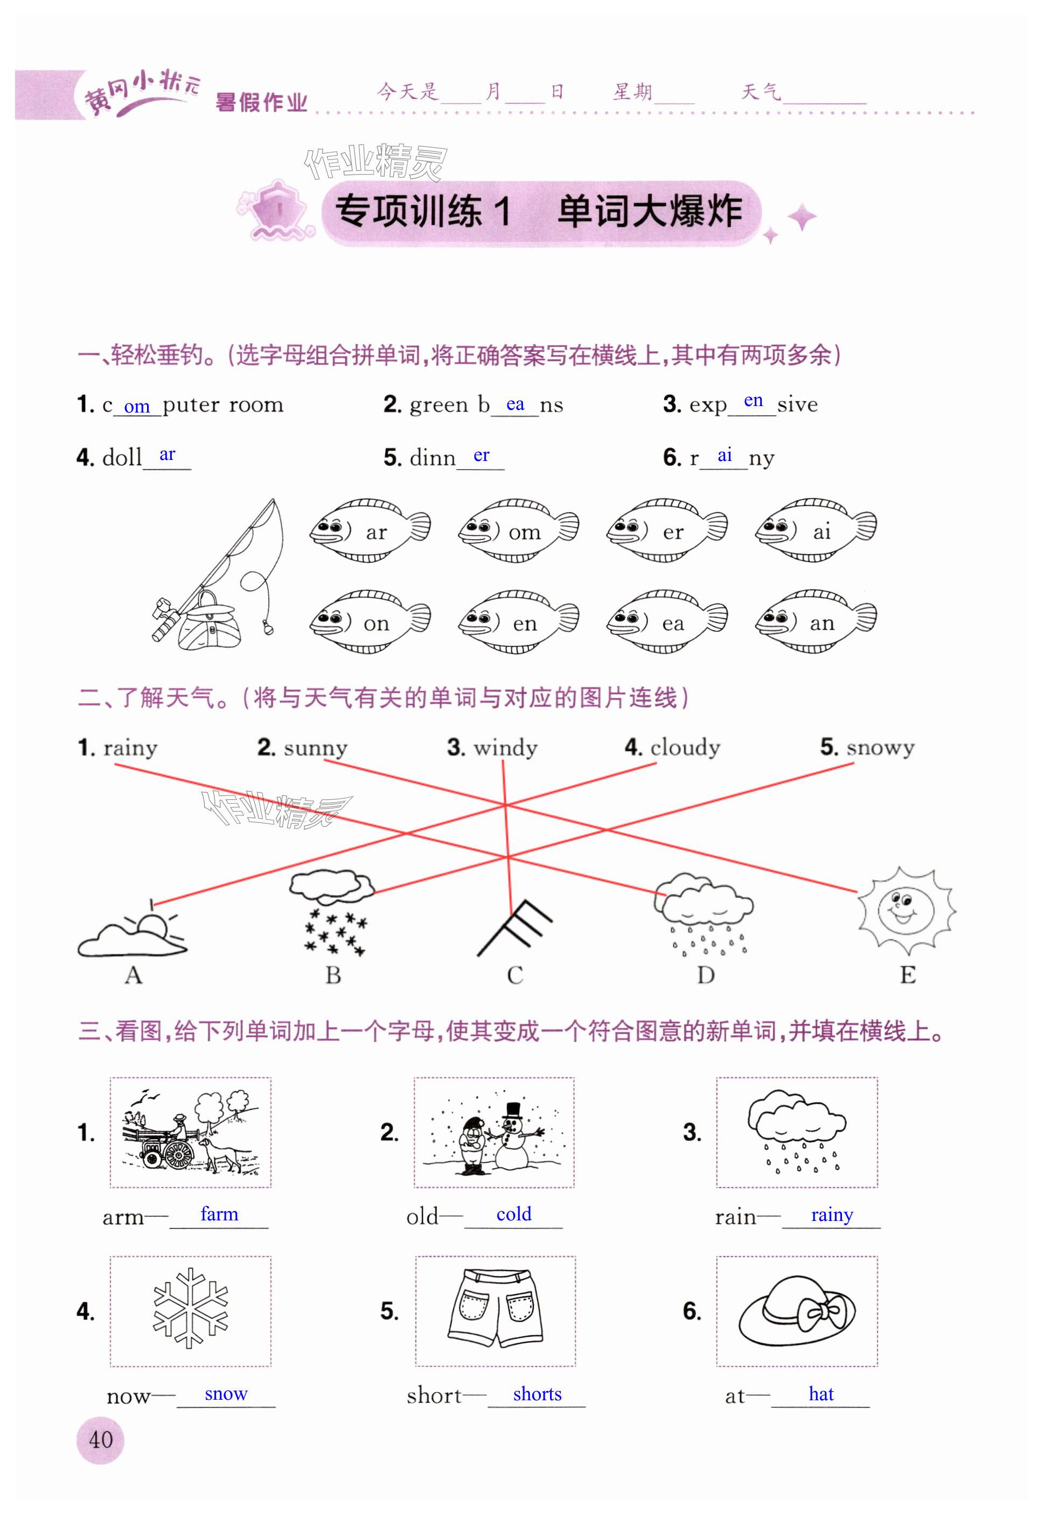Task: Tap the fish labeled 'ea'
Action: (666, 622)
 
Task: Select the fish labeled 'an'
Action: (815, 622)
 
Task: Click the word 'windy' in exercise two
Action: (505, 746)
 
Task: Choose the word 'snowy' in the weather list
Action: (880, 746)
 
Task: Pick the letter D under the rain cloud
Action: (705, 975)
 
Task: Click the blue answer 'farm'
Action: (219, 1214)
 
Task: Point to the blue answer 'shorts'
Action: (537, 1393)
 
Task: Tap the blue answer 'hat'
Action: (821, 1393)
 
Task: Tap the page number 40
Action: (100, 1440)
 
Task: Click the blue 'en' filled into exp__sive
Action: (753, 400)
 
